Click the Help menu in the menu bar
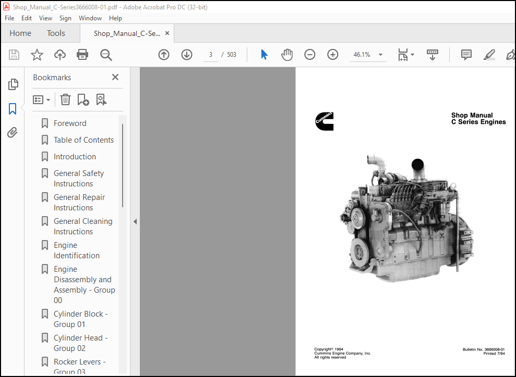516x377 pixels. click(x=115, y=18)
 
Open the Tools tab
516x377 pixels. click(x=56, y=33)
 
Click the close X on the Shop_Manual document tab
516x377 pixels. click(x=167, y=33)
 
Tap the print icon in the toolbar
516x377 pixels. click(x=82, y=55)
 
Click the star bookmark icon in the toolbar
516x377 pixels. click(x=37, y=55)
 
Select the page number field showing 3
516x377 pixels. click(x=211, y=55)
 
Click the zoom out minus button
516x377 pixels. click(x=310, y=55)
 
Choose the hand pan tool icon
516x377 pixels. click(x=287, y=55)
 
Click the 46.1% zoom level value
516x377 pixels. click(x=362, y=55)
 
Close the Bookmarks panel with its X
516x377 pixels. click(x=115, y=77)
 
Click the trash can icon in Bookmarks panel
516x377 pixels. click(x=65, y=99)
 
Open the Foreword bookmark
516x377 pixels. click(x=70, y=123)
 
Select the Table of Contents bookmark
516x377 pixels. click(x=83, y=140)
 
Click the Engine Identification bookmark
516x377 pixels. click(x=76, y=250)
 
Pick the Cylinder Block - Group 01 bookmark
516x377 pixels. click(x=80, y=319)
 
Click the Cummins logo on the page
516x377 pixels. click(x=324, y=121)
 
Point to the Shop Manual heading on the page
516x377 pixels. click(x=472, y=116)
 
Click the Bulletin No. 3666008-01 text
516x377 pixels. click(x=483, y=349)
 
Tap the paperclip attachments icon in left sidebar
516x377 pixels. click(x=13, y=133)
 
